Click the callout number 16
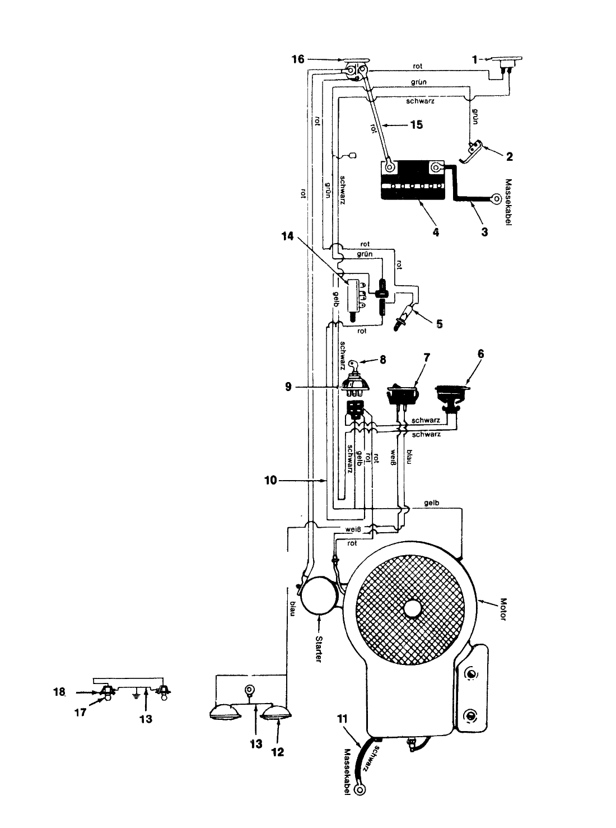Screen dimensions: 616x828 tap(298, 59)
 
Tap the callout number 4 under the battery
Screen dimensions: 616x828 tap(435, 232)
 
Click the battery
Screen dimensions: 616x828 tap(413, 180)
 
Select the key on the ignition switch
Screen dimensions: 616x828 tap(353, 364)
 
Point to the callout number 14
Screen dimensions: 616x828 tap(288, 236)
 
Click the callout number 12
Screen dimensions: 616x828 tap(277, 752)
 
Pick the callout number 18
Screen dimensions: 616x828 tap(59, 692)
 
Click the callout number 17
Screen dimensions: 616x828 tap(81, 713)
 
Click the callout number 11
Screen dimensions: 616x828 tap(342, 719)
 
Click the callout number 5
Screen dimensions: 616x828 tap(440, 324)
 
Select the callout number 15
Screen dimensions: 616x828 tap(416, 124)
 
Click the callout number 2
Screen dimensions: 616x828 tap(509, 157)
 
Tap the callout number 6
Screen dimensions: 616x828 tap(480, 353)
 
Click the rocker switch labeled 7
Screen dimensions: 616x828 tap(403, 394)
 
